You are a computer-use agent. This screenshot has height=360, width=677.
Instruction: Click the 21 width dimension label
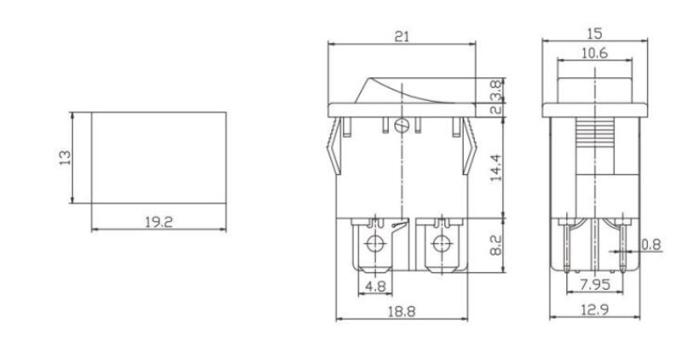(x=402, y=36)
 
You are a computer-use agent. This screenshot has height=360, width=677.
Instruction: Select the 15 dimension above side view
(x=595, y=32)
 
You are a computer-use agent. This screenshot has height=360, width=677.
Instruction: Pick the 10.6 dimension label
(x=595, y=54)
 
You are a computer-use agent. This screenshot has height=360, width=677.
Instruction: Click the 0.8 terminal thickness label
(x=651, y=245)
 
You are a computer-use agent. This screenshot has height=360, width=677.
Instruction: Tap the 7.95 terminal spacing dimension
(x=595, y=285)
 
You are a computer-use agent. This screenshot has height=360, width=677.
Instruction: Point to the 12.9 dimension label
(x=595, y=310)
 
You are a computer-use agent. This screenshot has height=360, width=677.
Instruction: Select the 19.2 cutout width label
(x=158, y=222)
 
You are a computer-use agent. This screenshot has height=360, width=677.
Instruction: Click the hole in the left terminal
(x=377, y=242)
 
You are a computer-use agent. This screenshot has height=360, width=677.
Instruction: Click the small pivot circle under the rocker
(x=402, y=124)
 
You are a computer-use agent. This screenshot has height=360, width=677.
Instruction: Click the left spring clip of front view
(x=335, y=149)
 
